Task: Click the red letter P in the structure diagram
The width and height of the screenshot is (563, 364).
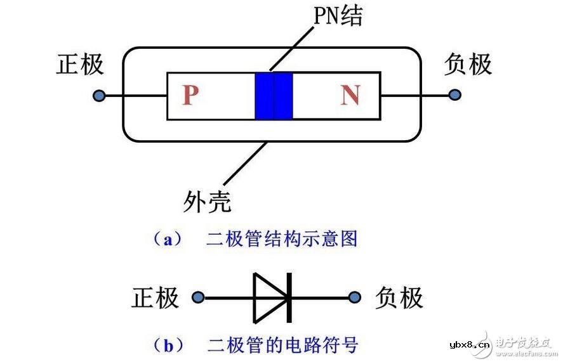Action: tap(190, 95)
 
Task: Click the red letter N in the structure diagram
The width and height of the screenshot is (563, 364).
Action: tap(350, 95)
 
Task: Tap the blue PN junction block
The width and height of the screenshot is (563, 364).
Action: tap(274, 96)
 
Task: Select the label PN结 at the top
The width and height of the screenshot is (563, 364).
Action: tap(338, 16)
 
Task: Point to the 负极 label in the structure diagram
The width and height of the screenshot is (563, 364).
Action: tap(468, 65)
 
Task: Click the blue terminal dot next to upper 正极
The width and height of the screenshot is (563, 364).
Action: tap(98, 96)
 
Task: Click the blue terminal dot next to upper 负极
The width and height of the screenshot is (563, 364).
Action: tap(454, 95)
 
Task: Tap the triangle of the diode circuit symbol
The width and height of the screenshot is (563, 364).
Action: tap(268, 297)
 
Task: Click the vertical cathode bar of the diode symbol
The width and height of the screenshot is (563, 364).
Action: tap(289, 297)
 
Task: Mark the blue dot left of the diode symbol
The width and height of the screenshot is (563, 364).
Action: tap(199, 297)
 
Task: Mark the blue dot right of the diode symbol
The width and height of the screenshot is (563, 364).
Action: tap(355, 297)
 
